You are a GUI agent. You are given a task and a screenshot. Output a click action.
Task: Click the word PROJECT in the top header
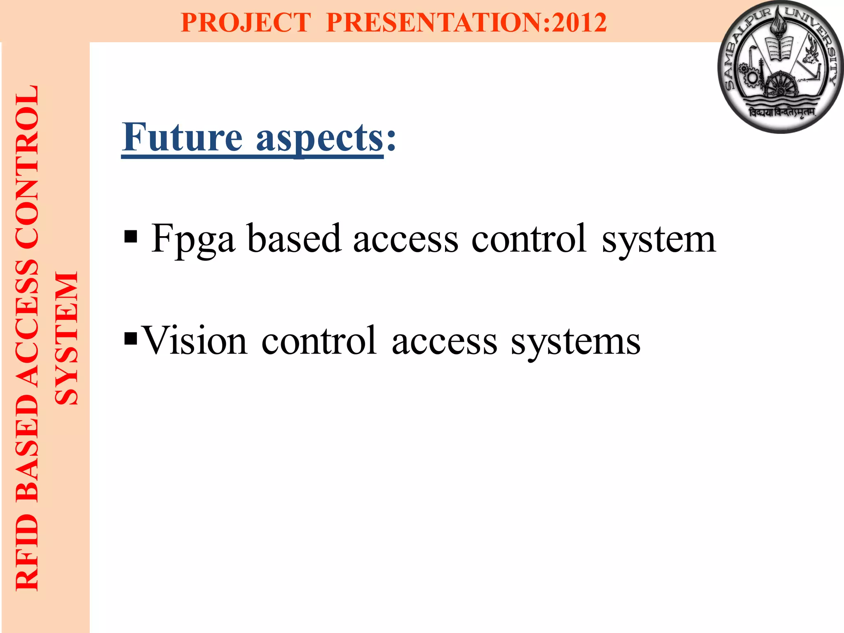[246, 22]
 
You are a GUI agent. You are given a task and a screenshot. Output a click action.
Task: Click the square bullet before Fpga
[130, 237]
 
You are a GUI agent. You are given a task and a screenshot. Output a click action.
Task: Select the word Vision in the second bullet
[194, 341]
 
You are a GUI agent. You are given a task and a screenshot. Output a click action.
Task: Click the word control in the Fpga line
[529, 239]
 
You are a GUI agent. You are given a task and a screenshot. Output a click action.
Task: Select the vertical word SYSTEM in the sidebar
[67, 338]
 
